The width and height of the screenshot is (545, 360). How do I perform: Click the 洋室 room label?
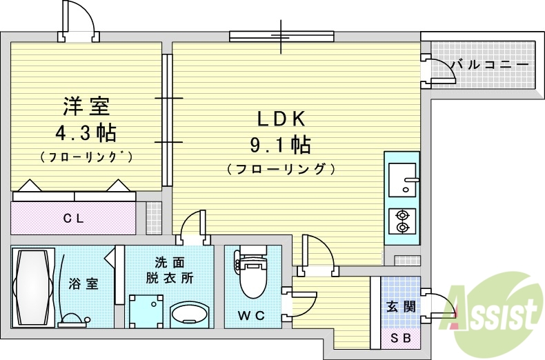[x=86, y=106]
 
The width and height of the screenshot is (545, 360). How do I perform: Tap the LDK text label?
[x=281, y=119]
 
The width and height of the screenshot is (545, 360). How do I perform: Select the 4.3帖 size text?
[x=86, y=132]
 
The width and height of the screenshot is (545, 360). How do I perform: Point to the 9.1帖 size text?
[x=281, y=145]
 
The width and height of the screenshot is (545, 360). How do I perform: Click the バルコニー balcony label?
[x=490, y=65]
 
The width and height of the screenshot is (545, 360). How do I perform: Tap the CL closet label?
[x=74, y=219]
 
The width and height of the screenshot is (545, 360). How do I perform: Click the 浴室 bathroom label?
[x=83, y=284]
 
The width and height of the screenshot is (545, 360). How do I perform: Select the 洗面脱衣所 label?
[x=169, y=270]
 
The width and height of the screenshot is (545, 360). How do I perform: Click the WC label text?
[x=251, y=316]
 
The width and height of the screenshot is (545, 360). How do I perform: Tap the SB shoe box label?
[x=401, y=338]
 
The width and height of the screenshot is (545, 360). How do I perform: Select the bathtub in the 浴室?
[x=33, y=288]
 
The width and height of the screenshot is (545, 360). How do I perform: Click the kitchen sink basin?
[x=402, y=179]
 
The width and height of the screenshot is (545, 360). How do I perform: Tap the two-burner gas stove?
[x=402, y=221]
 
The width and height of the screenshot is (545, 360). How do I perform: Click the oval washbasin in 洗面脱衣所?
[x=190, y=314]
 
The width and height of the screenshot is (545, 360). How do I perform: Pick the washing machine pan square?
[x=146, y=311]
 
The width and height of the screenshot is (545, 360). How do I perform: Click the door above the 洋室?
[x=79, y=20]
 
